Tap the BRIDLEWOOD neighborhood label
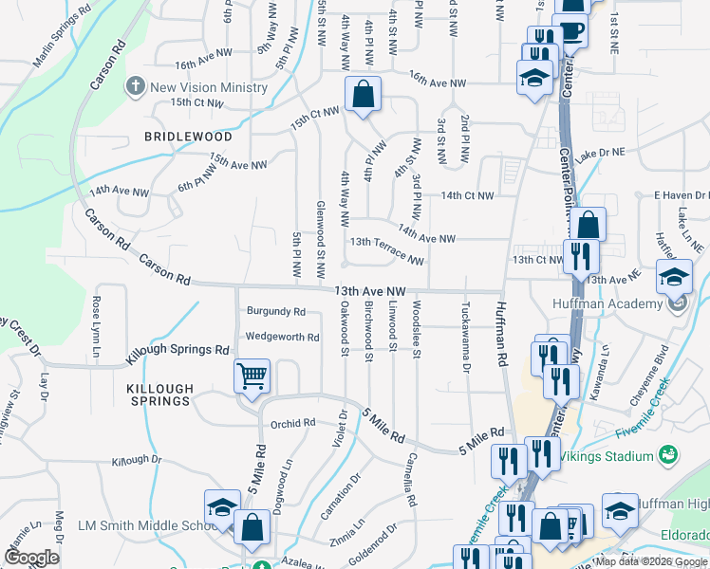(188, 137)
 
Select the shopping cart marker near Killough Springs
(252, 376)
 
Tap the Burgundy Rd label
(275, 311)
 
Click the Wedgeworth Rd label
(282, 337)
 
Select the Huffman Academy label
(607, 303)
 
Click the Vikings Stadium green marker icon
(668, 455)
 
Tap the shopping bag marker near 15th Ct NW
(363, 94)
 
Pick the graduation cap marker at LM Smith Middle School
(222, 507)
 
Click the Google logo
(31, 558)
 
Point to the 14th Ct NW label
(466, 195)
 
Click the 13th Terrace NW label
(386, 250)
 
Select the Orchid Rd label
(292, 424)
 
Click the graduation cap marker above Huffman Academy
(675, 278)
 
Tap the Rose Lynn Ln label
(96, 327)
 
